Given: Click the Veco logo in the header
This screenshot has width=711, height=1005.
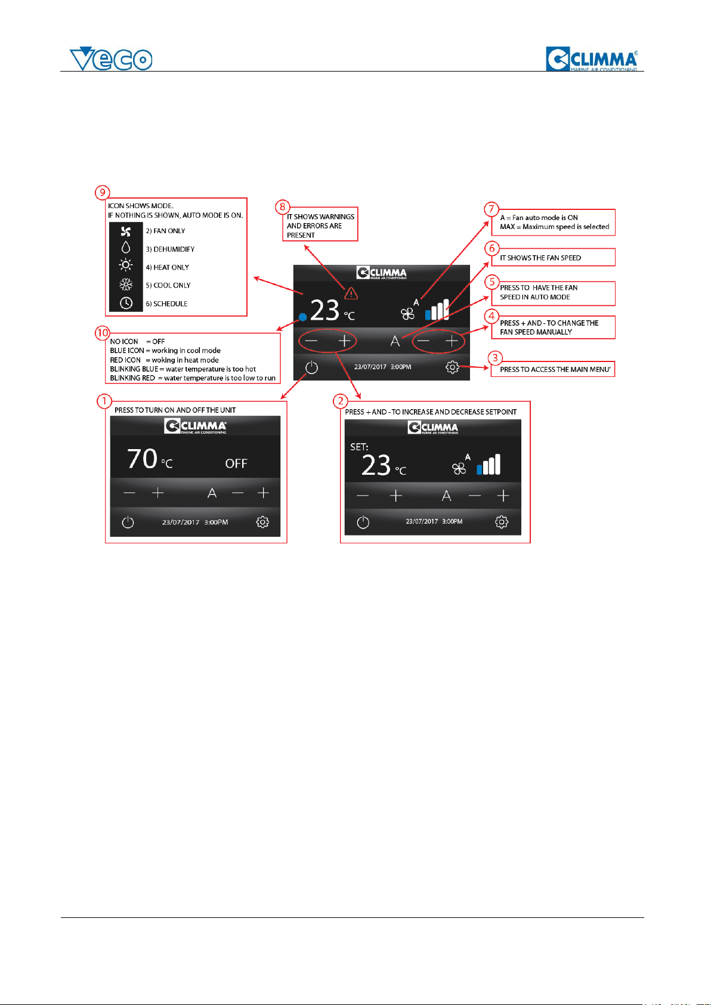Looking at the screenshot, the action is [111, 59].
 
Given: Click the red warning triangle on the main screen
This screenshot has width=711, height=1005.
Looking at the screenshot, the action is [351, 293].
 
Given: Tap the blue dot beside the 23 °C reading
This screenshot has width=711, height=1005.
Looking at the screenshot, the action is [303, 317].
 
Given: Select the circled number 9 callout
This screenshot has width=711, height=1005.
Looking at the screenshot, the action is [102, 193].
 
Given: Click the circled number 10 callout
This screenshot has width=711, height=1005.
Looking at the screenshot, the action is [103, 333].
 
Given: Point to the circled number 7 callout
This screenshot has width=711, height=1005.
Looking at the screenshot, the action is [491, 209].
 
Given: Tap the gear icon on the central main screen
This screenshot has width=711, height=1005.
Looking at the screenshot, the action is [452, 367].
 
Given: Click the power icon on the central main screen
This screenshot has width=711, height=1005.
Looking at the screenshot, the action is [312, 367].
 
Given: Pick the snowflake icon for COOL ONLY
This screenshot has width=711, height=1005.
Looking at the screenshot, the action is [126, 285].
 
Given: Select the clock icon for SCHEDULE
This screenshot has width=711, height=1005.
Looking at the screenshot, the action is [126, 304].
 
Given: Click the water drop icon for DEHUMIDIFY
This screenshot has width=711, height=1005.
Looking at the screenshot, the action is [126, 248].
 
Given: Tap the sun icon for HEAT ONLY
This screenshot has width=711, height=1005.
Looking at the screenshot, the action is [126, 265].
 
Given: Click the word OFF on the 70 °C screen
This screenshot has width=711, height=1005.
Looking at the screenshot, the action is [236, 463].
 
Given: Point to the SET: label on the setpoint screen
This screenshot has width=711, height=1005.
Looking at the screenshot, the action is [359, 447].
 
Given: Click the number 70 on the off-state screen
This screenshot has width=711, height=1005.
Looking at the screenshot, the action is [142, 459].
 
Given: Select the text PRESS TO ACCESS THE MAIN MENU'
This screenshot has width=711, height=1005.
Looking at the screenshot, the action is [555, 370].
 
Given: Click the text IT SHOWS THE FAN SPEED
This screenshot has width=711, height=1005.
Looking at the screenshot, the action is [540, 258].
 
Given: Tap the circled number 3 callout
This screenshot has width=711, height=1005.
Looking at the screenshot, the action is [495, 358].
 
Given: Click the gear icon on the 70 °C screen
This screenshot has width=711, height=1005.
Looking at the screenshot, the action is [262, 522].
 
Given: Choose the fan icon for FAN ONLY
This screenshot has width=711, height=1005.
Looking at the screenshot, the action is [126, 231].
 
